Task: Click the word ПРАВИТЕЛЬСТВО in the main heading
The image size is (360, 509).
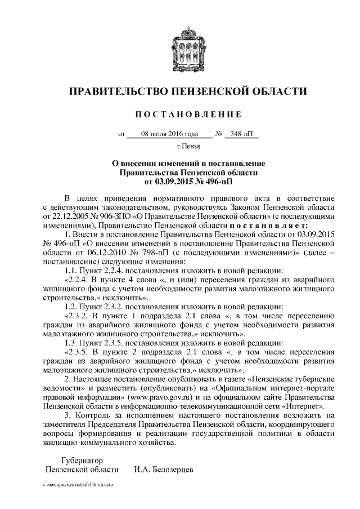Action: click(117, 91)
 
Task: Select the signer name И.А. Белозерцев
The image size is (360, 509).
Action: click(163, 469)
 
